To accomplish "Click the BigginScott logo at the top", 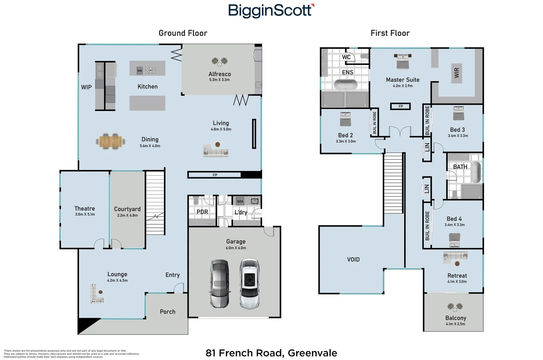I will tap(271, 10).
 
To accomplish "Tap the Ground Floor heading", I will tap(183, 33).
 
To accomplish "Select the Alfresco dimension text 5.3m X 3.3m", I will tap(219, 80).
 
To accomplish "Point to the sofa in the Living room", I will tap(216, 151).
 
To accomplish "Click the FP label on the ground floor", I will tap(215, 175).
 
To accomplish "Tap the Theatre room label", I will tap(84, 208).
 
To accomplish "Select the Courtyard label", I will tap(127, 209).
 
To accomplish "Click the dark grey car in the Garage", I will tap(219, 283).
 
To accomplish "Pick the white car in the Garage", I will tap(249, 283).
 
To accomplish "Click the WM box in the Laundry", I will tap(240, 201).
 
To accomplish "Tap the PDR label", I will tap(202, 212).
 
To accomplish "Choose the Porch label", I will tap(167, 312).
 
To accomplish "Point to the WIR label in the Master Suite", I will tap(457, 73).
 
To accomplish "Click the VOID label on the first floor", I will tap(353, 259).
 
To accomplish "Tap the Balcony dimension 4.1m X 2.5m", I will tap(455, 324).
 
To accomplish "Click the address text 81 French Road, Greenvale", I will tap(271, 353).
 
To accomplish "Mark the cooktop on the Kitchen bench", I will tap(150, 70).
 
